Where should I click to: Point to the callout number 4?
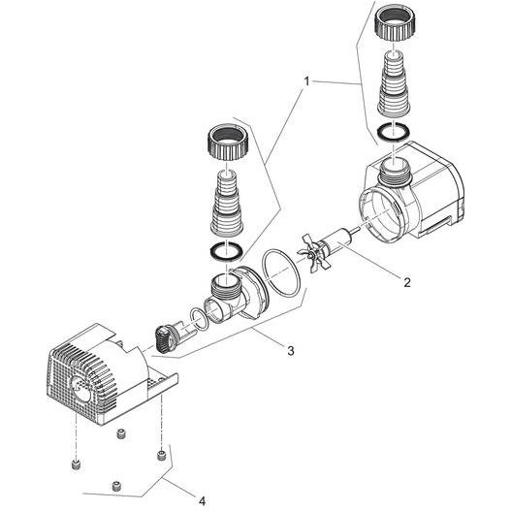pos(202,500)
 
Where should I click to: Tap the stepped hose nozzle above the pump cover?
pos(229,201)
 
